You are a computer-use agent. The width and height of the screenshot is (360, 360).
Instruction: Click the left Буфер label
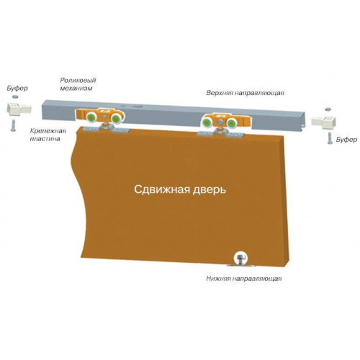(17, 88)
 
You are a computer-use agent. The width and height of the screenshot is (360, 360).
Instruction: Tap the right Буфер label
(346, 140)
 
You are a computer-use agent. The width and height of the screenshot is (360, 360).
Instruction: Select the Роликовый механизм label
(76, 84)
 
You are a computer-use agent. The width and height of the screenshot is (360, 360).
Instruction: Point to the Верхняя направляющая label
(245, 93)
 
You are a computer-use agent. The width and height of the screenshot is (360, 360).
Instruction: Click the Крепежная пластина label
(48, 135)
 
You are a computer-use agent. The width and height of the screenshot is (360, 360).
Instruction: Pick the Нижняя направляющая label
(244, 279)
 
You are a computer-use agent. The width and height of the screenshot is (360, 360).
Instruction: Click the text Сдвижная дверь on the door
(180, 189)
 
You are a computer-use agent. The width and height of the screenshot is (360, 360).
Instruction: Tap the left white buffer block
(19, 109)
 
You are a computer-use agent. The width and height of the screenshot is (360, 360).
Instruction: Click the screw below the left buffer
(13, 125)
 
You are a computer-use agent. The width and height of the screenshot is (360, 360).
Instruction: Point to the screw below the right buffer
(330, 138)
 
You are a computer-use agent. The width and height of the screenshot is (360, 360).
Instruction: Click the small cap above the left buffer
(15, 96)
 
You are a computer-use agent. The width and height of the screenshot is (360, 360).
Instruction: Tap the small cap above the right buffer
(328, 109)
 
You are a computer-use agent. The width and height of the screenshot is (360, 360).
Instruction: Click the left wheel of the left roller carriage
(91, 118)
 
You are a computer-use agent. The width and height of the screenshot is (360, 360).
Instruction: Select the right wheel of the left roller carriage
(116, 118)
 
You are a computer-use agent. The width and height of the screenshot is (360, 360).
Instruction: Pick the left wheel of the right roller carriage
(207, 123)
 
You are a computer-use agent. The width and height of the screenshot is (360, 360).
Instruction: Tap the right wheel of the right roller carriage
(232, 124)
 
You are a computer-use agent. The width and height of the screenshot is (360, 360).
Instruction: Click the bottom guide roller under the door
(240, 258)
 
